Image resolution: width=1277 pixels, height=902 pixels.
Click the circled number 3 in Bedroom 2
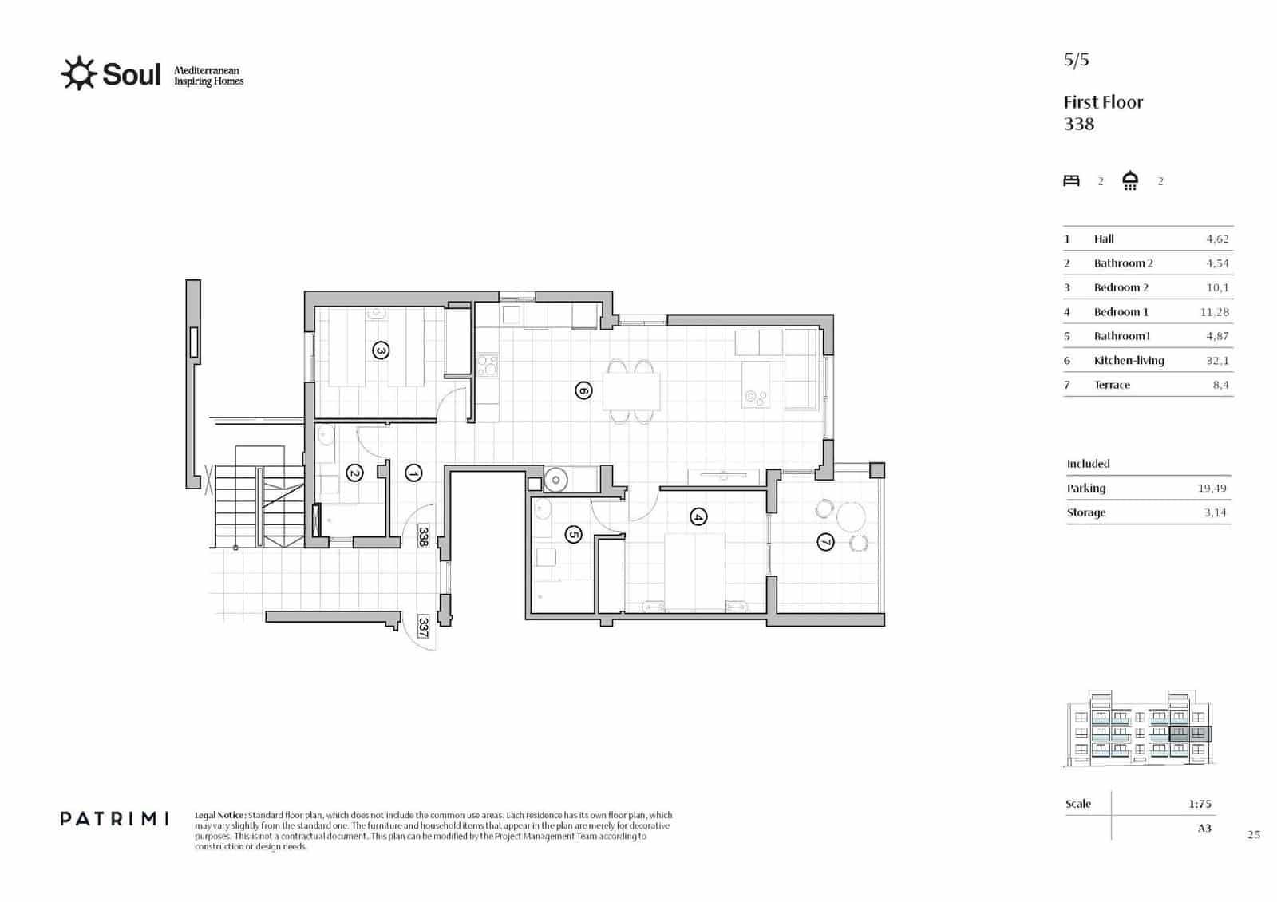click(x=381, y=350)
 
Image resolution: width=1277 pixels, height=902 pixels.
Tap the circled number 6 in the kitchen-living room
click(x=583, y=390)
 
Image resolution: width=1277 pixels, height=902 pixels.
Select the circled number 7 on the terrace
click(x=825, y=543)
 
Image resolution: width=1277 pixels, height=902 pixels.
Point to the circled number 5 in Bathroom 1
click(x=573, y=535)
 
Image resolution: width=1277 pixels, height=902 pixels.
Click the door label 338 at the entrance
click(x=424, y=536)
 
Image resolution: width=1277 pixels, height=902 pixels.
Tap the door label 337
click(x=424, y=627)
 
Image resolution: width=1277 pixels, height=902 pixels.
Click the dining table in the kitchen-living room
click(x=631, y=391)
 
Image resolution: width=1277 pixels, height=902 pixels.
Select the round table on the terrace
click(x=851, y=516)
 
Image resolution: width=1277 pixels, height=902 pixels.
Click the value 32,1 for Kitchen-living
click(x=1217, y=361)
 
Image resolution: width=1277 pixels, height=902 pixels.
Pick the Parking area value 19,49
click(x=1212, y=489)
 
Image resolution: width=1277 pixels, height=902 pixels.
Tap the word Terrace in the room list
click(x=1112, y=385)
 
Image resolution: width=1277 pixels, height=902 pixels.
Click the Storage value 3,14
click(x=1215, y=512)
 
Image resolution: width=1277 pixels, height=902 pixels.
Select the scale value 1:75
click(x=1199, y=804)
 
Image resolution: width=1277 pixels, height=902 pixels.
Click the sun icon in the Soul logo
click(x=78, y=73)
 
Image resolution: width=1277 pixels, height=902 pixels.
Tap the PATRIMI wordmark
click(x=114, y=818)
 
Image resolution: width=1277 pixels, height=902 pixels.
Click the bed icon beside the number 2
click(x=1071, y=180)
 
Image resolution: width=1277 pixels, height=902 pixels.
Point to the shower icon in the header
click(x=1129, y=180)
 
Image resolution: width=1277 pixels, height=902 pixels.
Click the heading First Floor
click(x=1103, y=102)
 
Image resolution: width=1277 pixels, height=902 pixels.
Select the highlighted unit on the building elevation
click(x=1189, y=734)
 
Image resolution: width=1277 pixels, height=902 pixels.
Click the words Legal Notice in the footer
click(x=220, y=816)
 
